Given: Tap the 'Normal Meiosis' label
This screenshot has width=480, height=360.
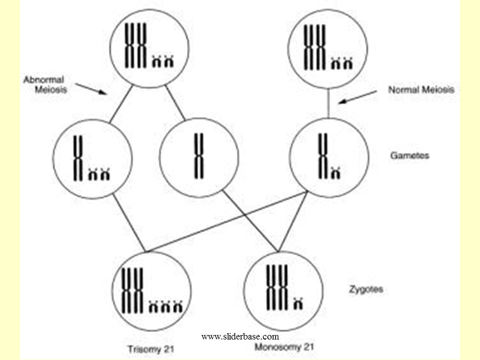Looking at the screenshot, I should (x=421, y=90).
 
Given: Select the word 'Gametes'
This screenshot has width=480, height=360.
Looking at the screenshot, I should (x=409, y=155).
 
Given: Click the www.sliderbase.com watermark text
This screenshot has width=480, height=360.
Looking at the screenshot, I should (x=240, y=336).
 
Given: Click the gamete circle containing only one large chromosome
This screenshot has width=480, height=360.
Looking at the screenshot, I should (x=199, y=157).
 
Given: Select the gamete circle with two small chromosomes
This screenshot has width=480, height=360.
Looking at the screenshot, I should (x=92, y=157).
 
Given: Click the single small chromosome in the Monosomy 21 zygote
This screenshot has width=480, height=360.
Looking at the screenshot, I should (x=299, y=302).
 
